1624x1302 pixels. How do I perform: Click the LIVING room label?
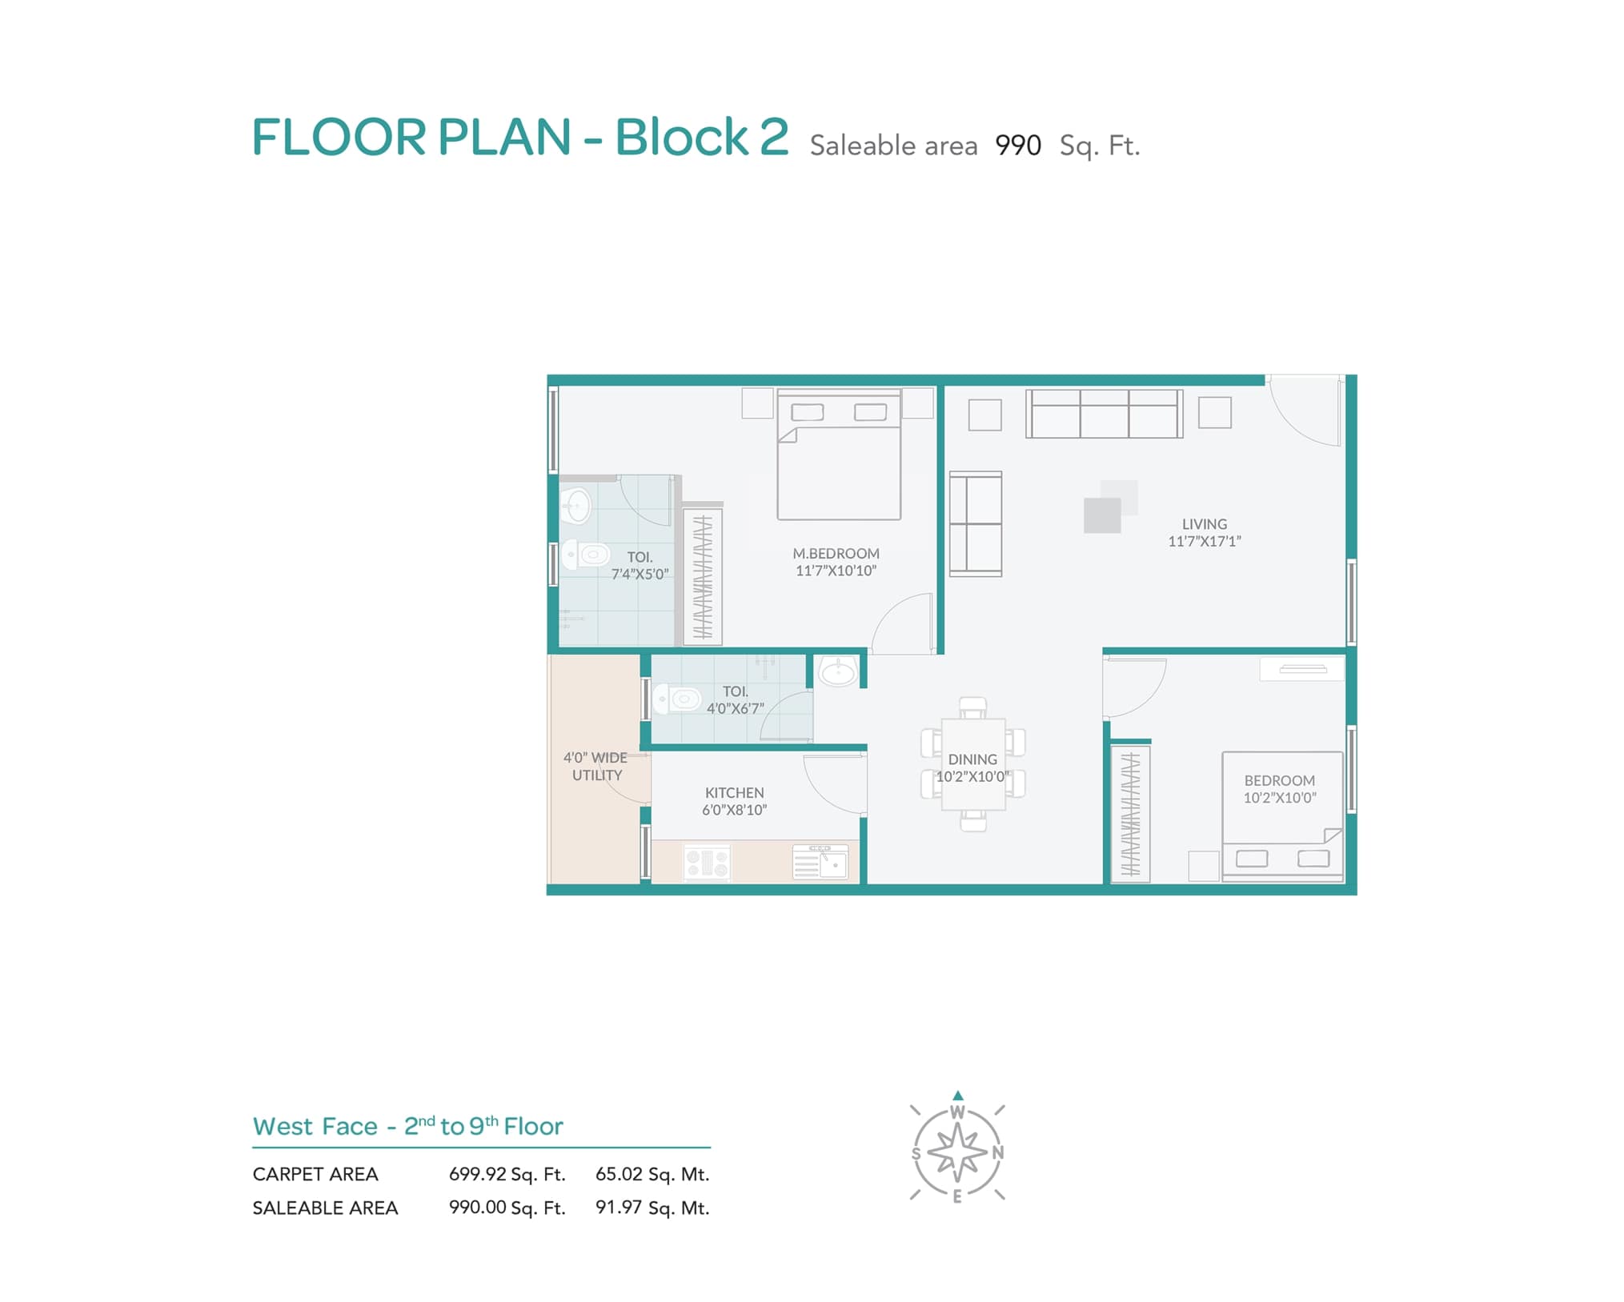[1204, 524]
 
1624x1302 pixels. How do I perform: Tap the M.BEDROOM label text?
[836, 554]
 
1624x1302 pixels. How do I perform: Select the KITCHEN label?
[734, 793]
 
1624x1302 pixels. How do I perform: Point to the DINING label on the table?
[972, 759]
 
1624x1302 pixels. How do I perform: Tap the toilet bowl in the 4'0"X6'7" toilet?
[677, 699]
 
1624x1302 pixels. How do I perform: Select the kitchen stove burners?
[707, 863]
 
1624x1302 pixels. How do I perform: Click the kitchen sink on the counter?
[820, 861]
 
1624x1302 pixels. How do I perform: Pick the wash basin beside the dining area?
[837, 671]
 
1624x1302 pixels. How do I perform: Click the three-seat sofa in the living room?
[1105, 414]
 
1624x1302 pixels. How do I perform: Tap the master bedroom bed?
[839, 455]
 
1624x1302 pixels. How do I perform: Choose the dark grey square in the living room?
[1102, 515]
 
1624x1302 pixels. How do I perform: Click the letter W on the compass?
[957, 1112]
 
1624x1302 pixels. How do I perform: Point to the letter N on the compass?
[997, 1153]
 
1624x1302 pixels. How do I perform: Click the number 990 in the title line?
[1018, 146]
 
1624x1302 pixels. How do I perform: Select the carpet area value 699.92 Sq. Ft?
[507, 1175]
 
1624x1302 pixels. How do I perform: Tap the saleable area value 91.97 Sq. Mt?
[652, 1208]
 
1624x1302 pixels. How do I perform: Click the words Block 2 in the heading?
[701, 137]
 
